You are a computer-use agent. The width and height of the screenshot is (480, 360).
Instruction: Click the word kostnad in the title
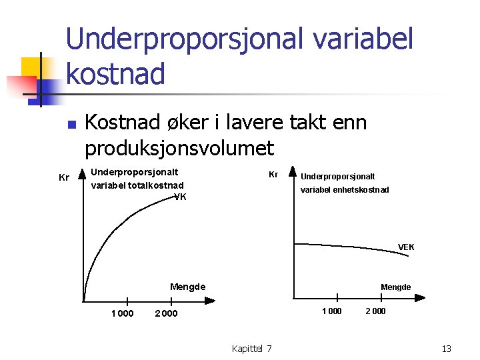pyautogui.click(x=115, y=73)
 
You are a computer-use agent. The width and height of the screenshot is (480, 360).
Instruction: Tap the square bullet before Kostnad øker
pyautogui.click(x=73, y=125)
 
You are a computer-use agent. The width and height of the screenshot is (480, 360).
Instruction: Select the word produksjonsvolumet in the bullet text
pyautogui.click(x=179, y=147)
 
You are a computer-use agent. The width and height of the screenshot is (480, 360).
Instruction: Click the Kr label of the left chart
pyautogui.click(x=64, y=177)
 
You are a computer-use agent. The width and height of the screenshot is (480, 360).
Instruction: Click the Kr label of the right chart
pyautogui.click(x=273, y=174)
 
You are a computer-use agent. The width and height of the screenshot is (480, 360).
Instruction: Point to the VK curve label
pyautogui.click(x=180, y=197)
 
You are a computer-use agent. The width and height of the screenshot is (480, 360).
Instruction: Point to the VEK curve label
pyautogui.click(x=406, y=247)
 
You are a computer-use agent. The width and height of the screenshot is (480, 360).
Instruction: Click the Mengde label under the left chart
pyautogui.click(x=187, y=287)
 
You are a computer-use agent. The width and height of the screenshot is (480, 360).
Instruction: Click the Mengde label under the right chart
pyautogui.click(x=395, y=287)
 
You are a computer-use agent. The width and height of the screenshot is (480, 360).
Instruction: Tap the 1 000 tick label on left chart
pyautogui.click(x=122, y=314)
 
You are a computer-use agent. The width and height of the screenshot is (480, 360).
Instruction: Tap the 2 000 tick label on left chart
pyautogui.click(x=166, y=314)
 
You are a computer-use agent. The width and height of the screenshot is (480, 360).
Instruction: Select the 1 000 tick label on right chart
pyautogui.click(x=331, y=311)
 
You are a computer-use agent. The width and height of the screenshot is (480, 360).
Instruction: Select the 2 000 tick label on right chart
pyautogui.click(x=375, y=311)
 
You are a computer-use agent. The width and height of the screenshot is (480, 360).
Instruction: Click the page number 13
pyautogui.click(x=446, y=348)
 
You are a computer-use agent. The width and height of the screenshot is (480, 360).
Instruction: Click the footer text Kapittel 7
pyautogui.click(x=251, y=348)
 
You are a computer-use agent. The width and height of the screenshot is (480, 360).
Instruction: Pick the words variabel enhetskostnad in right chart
pyautogui.click(x=345, y=190)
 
